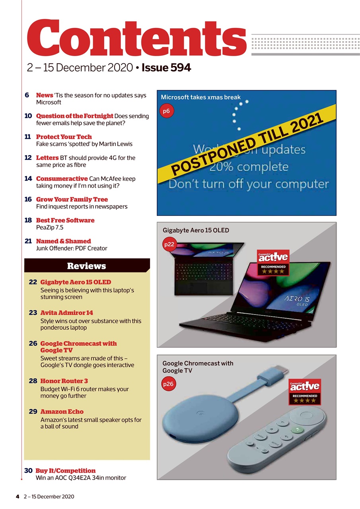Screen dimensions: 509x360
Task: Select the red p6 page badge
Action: [x=167, y=111]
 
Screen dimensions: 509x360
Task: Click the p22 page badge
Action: [x=169, y=245]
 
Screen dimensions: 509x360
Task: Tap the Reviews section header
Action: [x=87, y=266]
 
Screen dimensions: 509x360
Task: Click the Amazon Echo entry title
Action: [x=62, y=412]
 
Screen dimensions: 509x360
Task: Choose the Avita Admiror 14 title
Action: [x=66, y=313]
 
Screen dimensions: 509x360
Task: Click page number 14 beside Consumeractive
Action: [x=28, y=179]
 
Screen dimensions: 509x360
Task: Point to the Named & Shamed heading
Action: [x=63, y=241]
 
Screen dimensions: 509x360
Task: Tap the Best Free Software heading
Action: [x=65, y=220]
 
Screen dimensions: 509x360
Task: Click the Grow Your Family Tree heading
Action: [x=72, y=199]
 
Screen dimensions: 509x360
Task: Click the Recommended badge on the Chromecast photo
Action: [x=305, y=392]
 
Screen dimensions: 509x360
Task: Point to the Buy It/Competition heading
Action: [x=66, y=470]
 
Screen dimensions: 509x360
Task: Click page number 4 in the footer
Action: [x=18, y=496]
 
